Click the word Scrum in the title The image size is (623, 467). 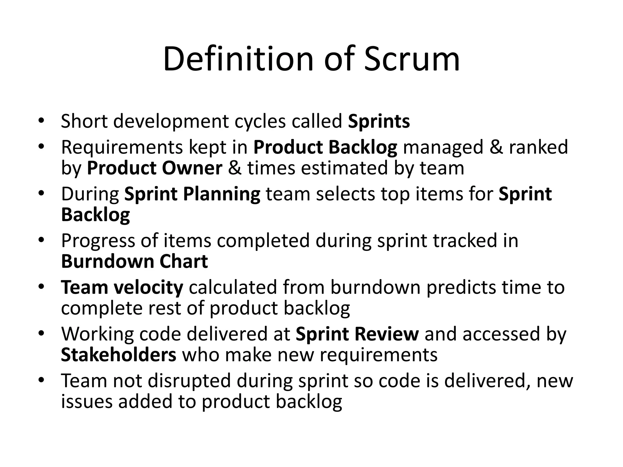pos(412,59)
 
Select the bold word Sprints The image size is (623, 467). pos(379,121)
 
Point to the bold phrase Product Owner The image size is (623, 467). pos(155,168)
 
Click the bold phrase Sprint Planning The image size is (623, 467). pos(192,194)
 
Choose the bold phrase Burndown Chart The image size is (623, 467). pos(134,261)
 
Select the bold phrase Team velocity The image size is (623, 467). pos(122,287)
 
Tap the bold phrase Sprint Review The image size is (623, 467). pos(357,334)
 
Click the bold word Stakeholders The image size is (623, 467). pos(119,355)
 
